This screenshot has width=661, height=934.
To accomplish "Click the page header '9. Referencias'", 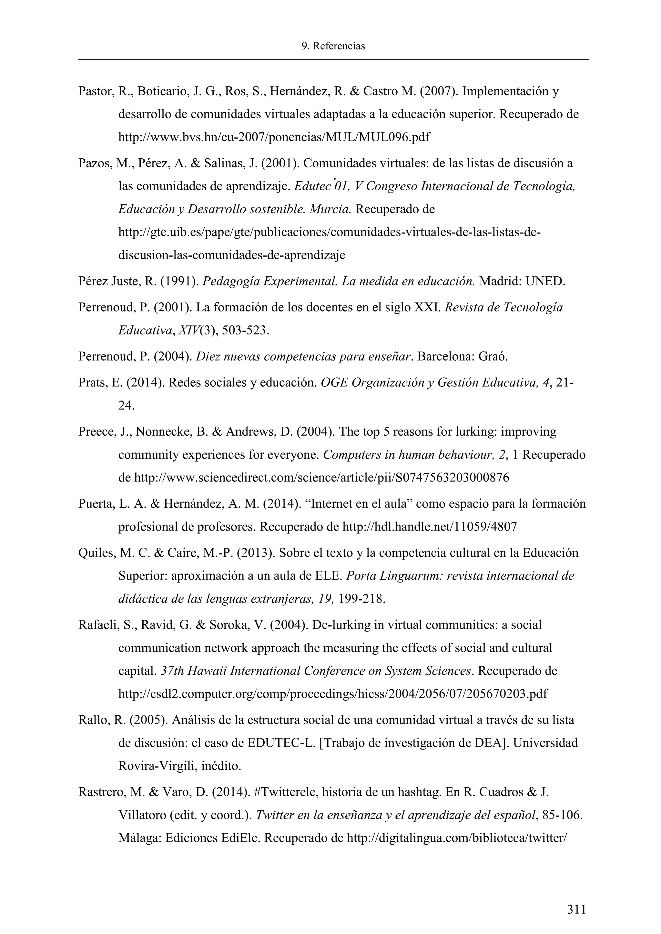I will coord(333,46).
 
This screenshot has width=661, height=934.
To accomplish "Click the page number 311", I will coord(576,909).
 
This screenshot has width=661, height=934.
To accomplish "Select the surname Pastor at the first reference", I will coord(96,92).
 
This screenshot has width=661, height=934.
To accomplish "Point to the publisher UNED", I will coord(544,281).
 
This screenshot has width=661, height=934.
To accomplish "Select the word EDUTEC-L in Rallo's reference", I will coord(281,743).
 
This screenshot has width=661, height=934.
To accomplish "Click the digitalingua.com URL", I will coord(457,839).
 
